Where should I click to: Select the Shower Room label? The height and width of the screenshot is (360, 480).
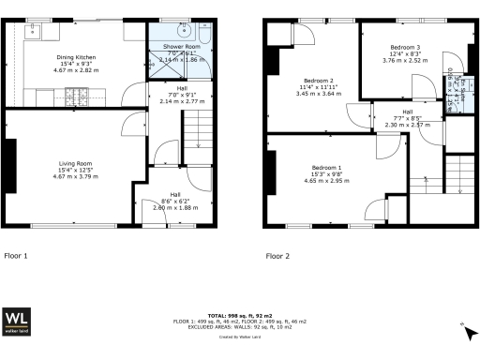coord(181,46)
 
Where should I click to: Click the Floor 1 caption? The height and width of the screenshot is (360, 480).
coord(16,255)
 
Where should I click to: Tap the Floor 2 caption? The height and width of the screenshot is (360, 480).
coord(277,255)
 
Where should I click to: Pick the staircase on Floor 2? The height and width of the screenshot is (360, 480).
coord(460,173)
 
